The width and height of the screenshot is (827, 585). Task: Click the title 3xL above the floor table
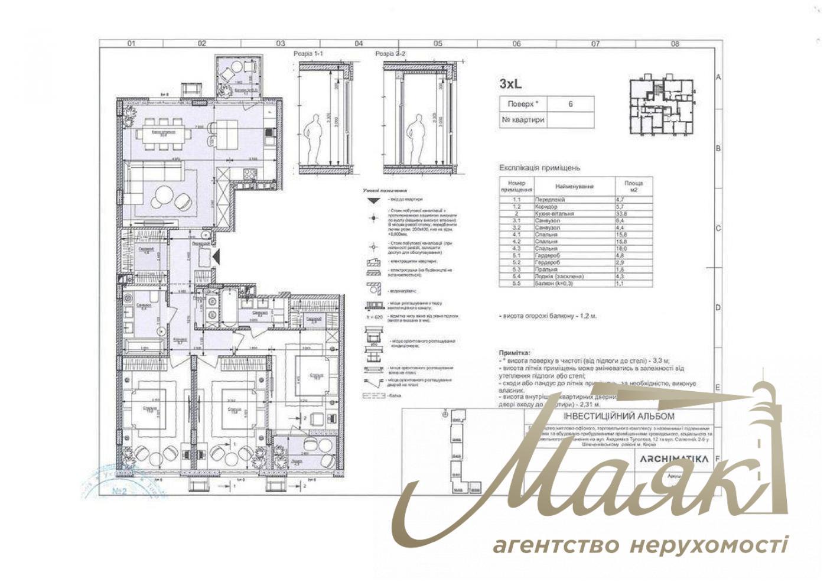click(x=511, y=84)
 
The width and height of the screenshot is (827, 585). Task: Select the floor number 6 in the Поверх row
click(x=570, y=104)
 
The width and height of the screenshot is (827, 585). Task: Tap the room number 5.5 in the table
click(x=516, y=284)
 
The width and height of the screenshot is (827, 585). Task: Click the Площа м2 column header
click(x=634, y=186)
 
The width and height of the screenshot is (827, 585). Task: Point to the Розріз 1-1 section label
click(x=308, y=54)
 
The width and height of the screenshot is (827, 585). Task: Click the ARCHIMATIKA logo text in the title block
click(x=674, y=459)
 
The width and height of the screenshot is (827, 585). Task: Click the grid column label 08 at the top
click(x=675, y=43)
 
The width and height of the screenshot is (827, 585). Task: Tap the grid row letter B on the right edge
click(x=718, y=148)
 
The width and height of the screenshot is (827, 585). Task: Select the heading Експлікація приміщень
click(x=540, y=168)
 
